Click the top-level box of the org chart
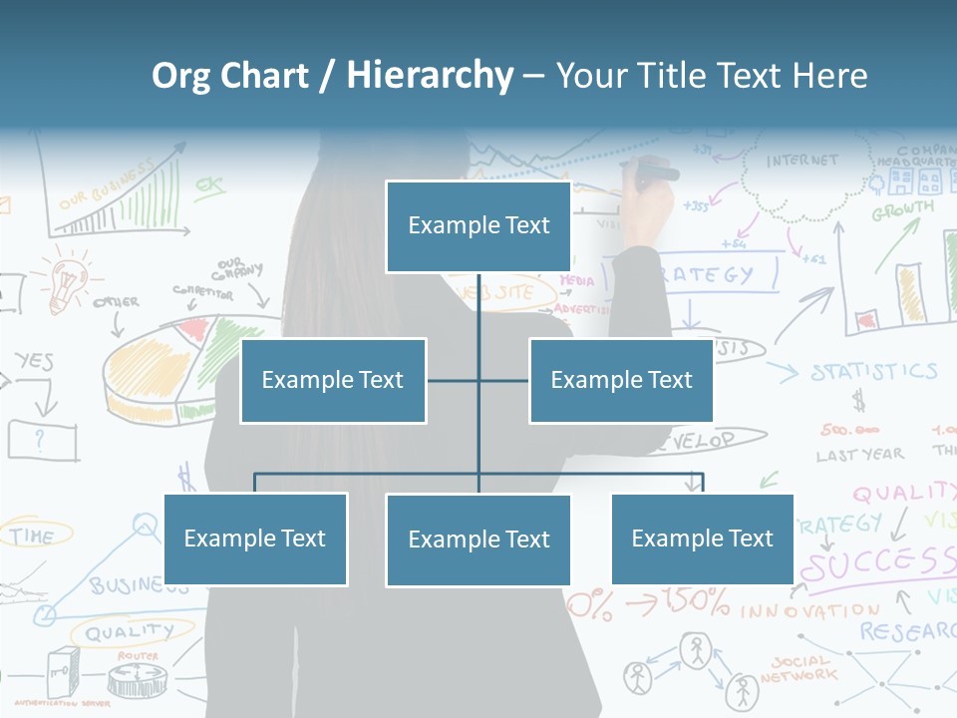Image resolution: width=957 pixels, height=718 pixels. tap(478, 226)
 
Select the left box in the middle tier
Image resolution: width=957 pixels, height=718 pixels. tap(333, 380)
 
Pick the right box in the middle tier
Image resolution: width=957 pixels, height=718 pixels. tap(621, 380)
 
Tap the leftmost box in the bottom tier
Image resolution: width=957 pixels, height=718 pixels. tap(255, 538)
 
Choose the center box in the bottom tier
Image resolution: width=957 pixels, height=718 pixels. tap(478, 539)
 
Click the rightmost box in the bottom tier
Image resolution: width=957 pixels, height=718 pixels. tap(702, 538)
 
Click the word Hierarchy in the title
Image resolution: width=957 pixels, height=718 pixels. tap(429, 76)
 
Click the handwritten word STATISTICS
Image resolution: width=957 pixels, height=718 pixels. tap(873, 372)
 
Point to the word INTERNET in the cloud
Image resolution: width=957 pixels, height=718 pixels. tap(802, 161)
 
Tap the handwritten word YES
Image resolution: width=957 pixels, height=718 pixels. tap(34, 361)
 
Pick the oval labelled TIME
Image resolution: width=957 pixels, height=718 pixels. tap(34, 536)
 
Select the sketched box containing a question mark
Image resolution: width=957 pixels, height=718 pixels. tap(42, 439)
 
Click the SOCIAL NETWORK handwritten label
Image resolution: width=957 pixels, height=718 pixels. tap(799, 668)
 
